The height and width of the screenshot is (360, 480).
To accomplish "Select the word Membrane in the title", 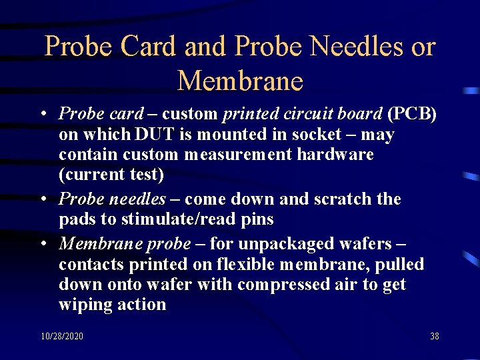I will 240,81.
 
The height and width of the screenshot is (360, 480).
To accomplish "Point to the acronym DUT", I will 155,134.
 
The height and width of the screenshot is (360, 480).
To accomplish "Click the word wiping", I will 84,305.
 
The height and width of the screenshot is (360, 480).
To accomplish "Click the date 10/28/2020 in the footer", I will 61,337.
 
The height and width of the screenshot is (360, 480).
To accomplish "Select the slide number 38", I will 434,337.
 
